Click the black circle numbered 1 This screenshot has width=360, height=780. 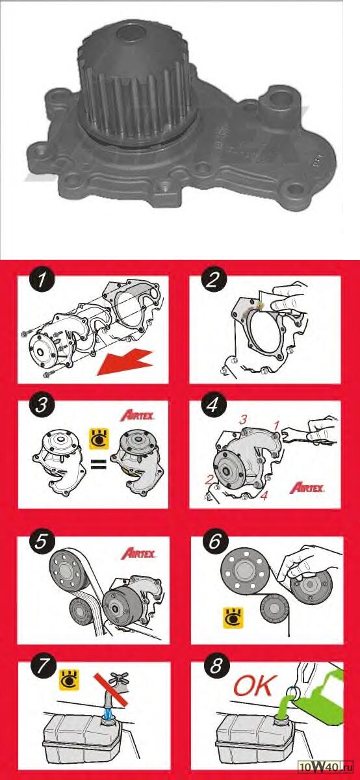42,280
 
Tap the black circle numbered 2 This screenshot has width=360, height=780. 214,280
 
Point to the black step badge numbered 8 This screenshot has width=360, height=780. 216,666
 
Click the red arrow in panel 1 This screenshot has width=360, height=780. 125,363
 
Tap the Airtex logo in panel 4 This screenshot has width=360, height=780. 307,487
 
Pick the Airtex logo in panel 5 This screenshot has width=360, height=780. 138,553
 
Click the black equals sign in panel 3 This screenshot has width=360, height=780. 99,463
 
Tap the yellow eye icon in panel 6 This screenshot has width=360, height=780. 233,618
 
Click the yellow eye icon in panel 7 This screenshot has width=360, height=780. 70,680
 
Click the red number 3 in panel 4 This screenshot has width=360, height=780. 242,420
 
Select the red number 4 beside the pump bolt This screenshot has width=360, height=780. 264,495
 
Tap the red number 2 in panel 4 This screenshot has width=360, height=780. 209,480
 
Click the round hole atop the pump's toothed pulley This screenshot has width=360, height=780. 131,33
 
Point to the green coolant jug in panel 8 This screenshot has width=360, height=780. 317,693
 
